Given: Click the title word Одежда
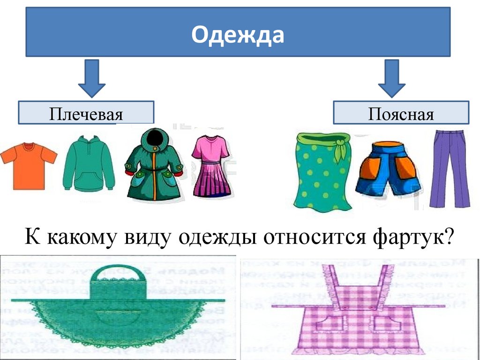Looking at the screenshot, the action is [x=238, y=36].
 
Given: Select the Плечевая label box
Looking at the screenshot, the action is [x=86, y=113].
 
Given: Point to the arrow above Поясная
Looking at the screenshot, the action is [x=391, y=77].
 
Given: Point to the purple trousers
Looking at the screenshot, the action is [x=449, y=169].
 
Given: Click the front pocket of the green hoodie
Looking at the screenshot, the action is [x=89, y=180].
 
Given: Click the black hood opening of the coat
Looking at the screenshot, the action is [x=152, y=138].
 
